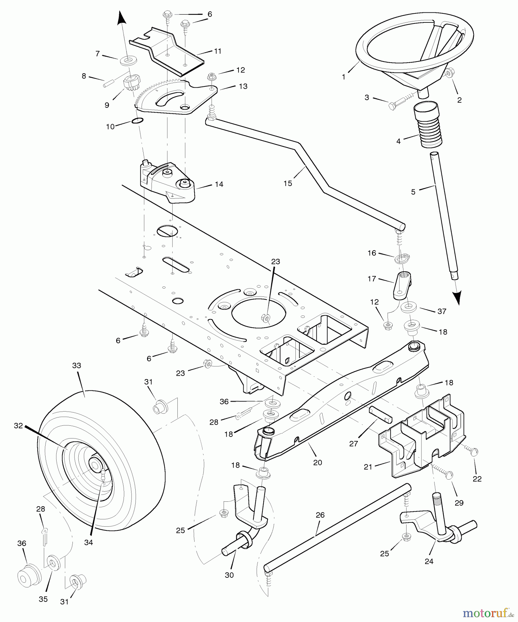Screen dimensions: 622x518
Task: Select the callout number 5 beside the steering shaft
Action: (413, 192)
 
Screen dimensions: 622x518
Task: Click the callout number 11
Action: (217, 51)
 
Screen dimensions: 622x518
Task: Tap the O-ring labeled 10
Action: (137, 121)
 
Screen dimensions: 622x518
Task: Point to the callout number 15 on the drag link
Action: (287, 183)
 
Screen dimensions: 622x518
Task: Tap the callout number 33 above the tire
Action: (76, 365)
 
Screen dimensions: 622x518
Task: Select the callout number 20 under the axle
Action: (317, 462)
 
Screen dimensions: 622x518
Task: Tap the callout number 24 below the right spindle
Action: (429, 562)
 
